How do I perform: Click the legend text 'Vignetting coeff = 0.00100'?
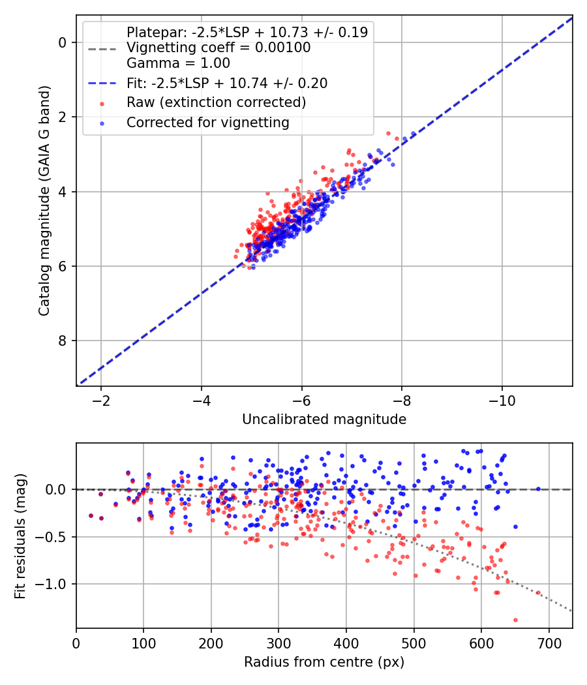218,48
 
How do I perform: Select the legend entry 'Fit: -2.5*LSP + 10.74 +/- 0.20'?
227,83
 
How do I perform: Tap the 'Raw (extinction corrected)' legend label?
217,102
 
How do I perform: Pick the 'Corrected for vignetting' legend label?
208,122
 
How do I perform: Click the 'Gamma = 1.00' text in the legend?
178,63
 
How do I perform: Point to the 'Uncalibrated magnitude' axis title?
324,419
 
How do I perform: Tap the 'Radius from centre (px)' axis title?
324,662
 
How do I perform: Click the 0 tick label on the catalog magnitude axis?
63,42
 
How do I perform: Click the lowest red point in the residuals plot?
515,620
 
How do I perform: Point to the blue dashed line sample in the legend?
102,83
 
